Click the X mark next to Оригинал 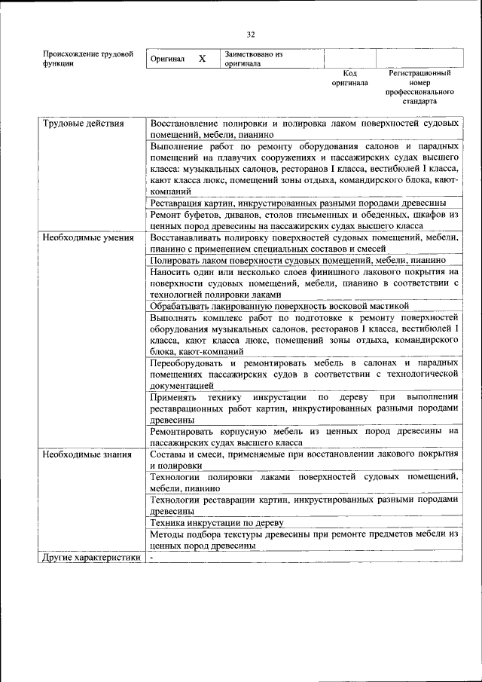click(202, 59)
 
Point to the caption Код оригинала click(349, 78)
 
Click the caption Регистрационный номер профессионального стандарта click(419, 87)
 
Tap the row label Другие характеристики click(91, 558)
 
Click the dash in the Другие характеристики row click(152, 558)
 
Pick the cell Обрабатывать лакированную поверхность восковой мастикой click(279, 306)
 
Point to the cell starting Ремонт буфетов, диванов click(304, 220)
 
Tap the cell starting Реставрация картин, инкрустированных click(298, 203)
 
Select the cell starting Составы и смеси click(304, 460)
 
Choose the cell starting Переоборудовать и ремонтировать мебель click(304, 374)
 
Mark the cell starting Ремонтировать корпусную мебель click(304, 437)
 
